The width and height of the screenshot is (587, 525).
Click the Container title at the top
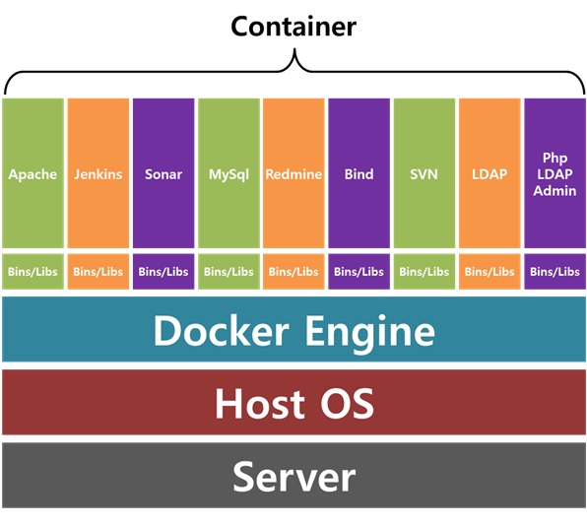(293, 27)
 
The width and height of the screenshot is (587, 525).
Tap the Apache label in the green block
(33, 174)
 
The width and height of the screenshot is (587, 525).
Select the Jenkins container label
(98, 174)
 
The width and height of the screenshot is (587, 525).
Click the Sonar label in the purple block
(163, 174)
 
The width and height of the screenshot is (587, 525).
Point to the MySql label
(228, 175)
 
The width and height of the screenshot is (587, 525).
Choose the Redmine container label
(293, 174)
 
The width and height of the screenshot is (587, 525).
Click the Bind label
(359, 174)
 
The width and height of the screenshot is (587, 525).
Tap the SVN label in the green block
(424, 174)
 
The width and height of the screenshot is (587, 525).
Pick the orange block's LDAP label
(489, 174)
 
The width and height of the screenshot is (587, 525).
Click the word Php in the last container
(554, 158)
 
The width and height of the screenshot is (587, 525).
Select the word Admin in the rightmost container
(554, 191)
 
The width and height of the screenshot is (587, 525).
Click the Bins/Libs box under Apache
(33, 272)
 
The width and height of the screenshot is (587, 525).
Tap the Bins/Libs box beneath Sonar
(163, 272)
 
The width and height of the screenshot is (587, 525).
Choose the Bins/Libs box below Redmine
(293, 272)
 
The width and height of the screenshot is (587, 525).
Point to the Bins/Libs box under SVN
(424, 272)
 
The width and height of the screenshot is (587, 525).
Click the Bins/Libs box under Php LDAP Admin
(554, 272)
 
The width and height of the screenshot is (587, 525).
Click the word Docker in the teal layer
(222, 331)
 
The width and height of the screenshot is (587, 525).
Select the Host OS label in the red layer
(294, 403)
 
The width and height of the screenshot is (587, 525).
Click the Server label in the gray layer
(293, 477)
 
